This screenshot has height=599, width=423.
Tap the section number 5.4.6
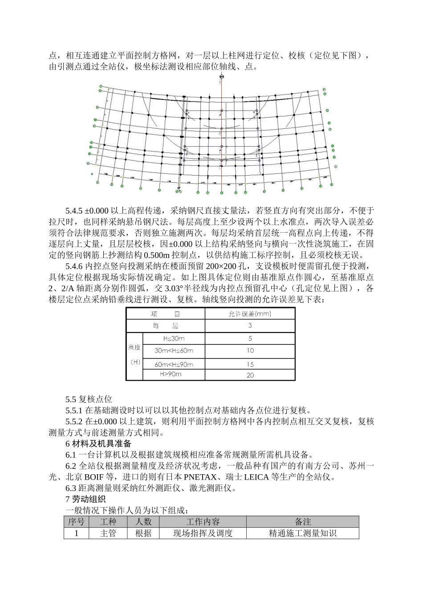point(74,267)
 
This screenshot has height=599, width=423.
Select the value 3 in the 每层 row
point(250,326)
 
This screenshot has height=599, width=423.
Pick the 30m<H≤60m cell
point(174,351)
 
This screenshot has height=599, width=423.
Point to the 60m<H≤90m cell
point(174,364)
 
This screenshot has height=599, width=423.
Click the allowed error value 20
point(250,375)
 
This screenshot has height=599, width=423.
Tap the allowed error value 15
point(250,364)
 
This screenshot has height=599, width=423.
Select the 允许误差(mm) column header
point(250,314)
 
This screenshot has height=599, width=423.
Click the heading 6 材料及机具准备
point(98,443)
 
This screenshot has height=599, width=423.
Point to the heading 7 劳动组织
point(85,499)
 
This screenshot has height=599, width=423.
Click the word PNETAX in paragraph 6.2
point(201,477)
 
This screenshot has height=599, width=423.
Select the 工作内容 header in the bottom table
point(203,522)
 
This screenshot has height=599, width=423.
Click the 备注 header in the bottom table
point(303,522)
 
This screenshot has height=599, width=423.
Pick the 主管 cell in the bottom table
point(108,533)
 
